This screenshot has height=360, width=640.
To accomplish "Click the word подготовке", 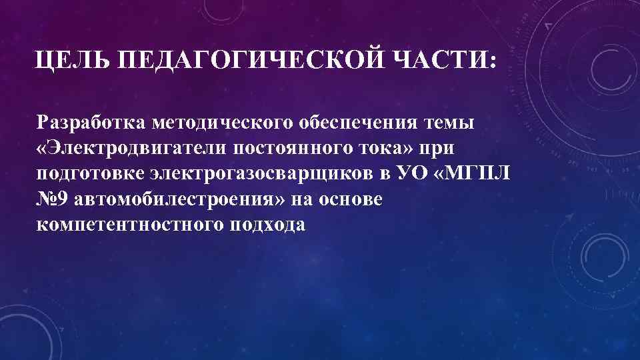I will click(x=91, y=173).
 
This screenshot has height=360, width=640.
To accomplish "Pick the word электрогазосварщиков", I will click(x=265, y=173).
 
